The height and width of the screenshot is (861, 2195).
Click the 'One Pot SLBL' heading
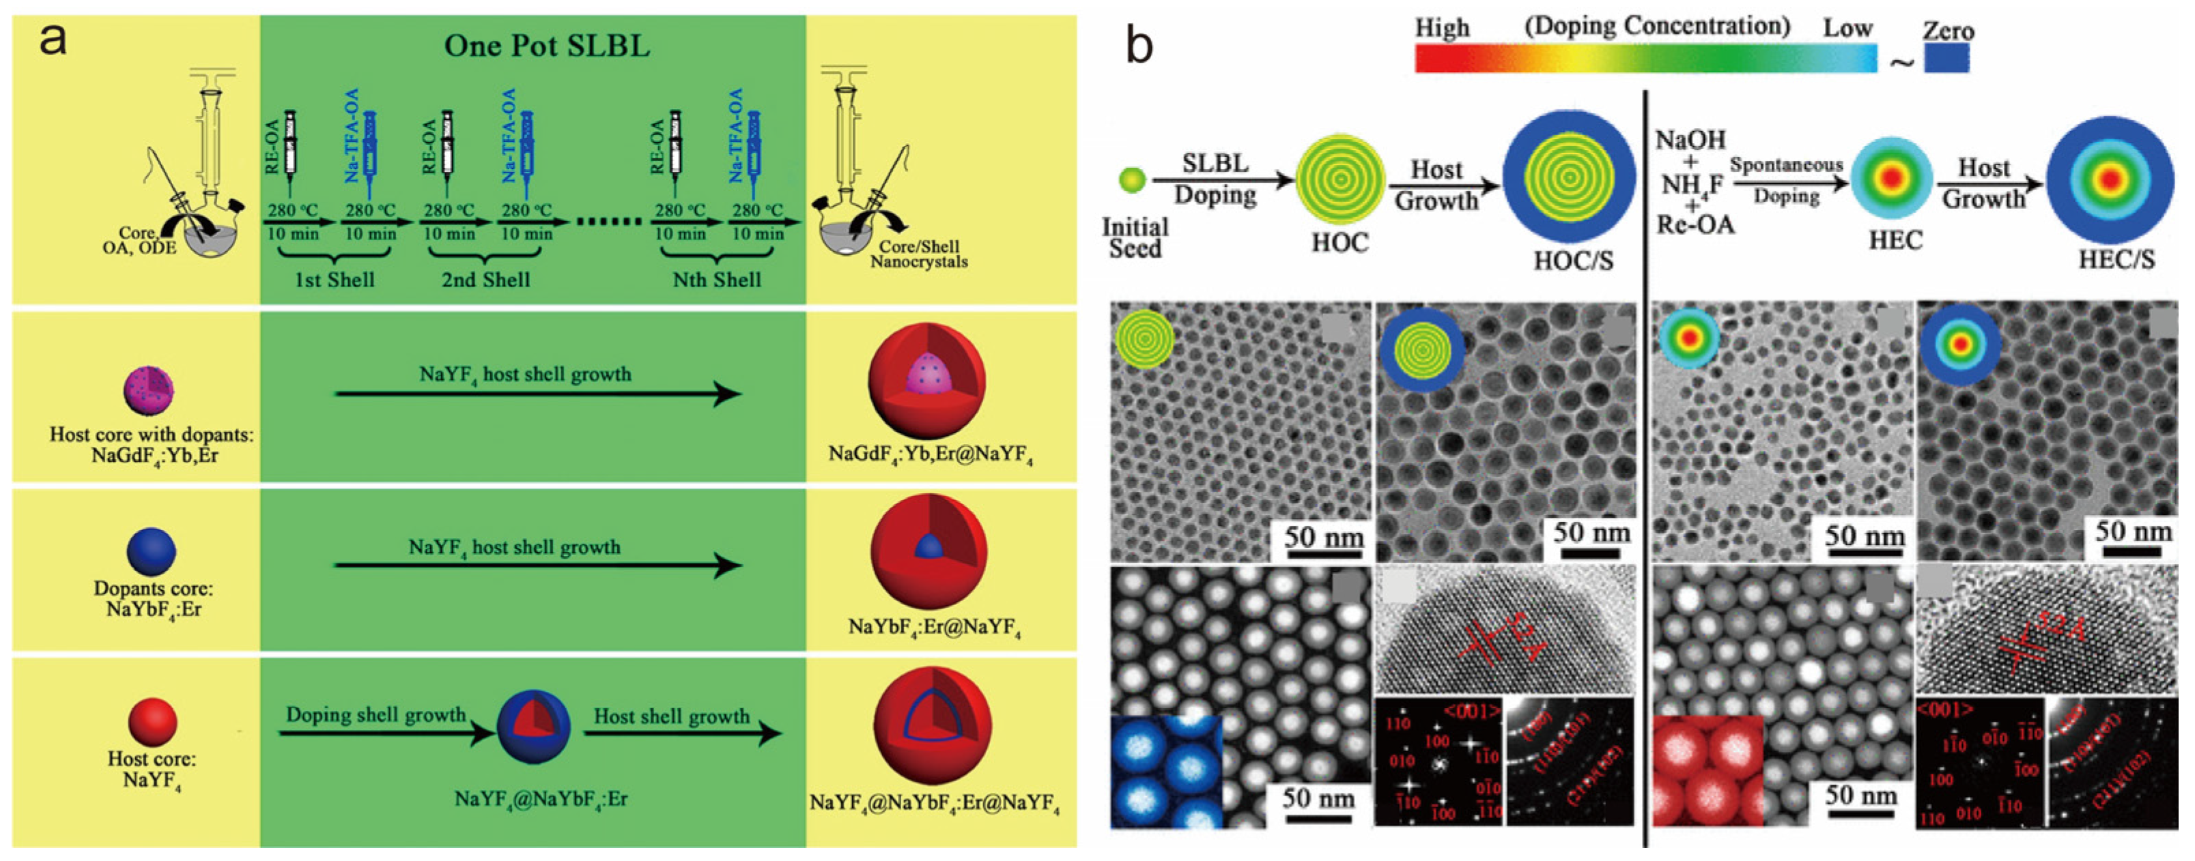point(546,46)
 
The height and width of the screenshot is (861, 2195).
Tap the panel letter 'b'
point(1139,44)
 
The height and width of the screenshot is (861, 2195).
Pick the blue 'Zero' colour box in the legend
point(1946,58)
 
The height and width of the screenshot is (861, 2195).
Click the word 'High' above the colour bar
point(1442,28)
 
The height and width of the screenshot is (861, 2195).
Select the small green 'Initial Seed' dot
point(1133,179)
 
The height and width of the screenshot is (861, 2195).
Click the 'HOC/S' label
point(1573,261)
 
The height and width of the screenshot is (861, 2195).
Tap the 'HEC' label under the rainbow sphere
point(1895,241)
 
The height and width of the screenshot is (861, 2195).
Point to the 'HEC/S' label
point(2116,259)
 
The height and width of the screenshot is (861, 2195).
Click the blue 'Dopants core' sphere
point(152,551)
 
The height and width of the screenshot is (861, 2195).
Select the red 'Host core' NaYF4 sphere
point(152,721)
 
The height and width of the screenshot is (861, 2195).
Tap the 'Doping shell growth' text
point(376,714)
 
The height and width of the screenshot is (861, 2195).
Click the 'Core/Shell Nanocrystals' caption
point(918,254)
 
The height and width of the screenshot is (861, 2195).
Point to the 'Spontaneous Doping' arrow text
point(1786,179)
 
